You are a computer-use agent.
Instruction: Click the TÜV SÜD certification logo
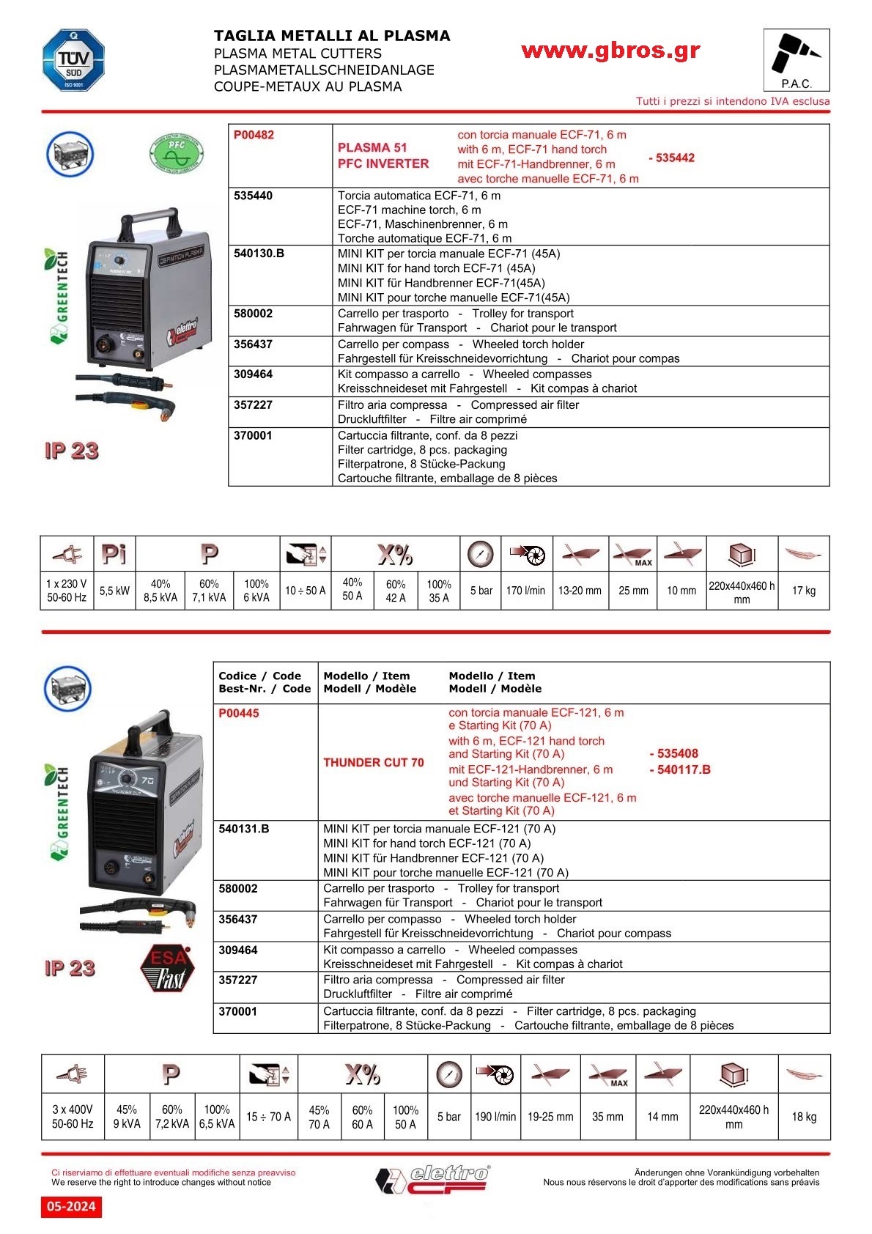[73, 61]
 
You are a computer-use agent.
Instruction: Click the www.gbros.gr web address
[610, 51]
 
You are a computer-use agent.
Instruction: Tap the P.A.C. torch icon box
[796, 60]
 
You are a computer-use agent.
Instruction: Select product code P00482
[254, 135]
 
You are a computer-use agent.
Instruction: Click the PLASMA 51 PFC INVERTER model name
[383, 155]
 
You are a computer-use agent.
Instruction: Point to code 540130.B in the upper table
[259, 254]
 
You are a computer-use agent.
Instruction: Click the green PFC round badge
[176, 154]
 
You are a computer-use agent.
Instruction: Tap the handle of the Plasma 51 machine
[150, 220]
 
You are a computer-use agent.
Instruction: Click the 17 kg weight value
[803, 591]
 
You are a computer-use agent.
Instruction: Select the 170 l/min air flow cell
[525, 591]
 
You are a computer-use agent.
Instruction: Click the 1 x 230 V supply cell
[67, 591]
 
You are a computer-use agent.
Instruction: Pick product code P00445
[239, 713]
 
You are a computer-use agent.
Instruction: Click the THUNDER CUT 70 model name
[374, 762]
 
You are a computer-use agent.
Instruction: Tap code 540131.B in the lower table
[244, 829]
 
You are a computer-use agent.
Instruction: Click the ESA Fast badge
[168, 968]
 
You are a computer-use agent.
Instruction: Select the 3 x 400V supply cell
[73, 1116]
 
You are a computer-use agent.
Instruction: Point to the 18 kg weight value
[803, 1117]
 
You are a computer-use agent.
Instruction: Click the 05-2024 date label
[71, 1206]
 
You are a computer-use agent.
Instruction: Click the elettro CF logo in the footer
[434, 1179]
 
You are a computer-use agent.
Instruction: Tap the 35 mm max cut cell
[607, 1117]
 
